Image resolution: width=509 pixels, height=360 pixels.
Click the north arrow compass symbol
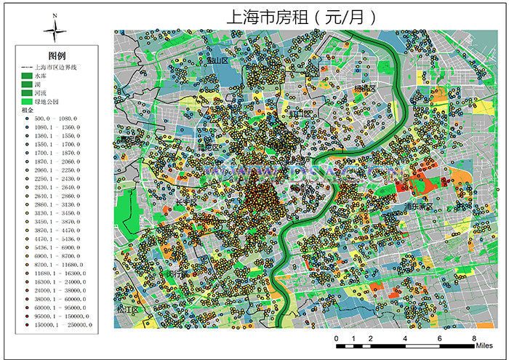55,30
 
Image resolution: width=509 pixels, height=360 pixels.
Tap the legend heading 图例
57,56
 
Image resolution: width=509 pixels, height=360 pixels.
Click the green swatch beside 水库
25,76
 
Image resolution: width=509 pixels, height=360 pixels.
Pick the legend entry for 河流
42,93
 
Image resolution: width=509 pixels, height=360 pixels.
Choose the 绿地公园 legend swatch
25,102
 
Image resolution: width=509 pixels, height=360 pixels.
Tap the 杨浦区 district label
366,89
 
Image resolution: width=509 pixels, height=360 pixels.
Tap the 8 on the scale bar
474,340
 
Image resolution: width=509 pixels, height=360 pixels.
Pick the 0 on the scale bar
336,340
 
